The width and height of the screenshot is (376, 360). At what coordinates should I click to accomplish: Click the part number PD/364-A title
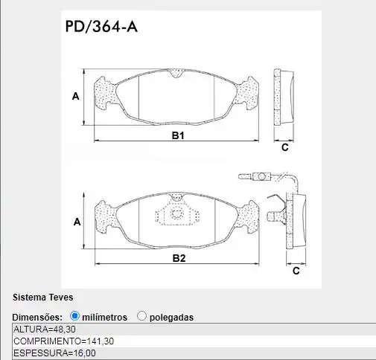[x=101, y=28]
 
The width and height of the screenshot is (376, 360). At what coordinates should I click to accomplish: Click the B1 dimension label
[x=178, y=136]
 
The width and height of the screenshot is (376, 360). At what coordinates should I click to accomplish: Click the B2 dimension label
[x=179, y=258]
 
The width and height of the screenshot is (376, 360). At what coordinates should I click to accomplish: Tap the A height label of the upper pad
[x=75, y=96]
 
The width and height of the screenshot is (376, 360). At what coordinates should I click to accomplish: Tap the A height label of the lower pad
[x=76, y=222]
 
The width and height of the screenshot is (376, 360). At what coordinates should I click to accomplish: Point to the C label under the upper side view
[x=284, y=147]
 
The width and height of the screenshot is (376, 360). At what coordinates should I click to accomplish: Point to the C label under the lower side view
[x=296, y=271]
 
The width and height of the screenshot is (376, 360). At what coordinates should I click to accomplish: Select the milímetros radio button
[x=74, y=316]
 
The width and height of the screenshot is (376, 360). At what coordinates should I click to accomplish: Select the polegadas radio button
[x=141, y=316]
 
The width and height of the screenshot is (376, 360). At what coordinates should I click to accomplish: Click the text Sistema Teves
[x=42, y=298]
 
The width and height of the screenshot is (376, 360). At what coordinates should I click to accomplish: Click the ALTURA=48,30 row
[x=45, y=329]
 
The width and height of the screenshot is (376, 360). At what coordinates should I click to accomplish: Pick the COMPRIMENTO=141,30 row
[x=64, y=341]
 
